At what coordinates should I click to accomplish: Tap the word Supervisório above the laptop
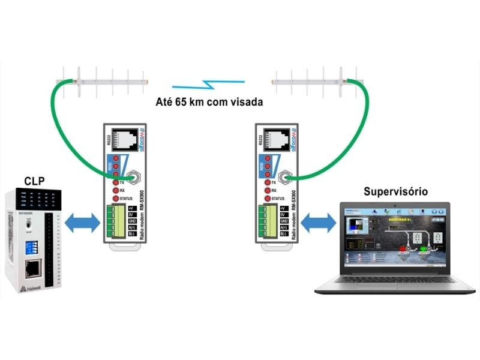(x=395, y=192)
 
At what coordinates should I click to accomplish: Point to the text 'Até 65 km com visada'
(x=209, y=101)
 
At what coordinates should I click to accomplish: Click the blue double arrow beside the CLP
(x=82, y=223)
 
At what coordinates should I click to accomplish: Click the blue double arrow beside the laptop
(x=318, y=223)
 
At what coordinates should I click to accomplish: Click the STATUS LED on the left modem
(x=116, y=199)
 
